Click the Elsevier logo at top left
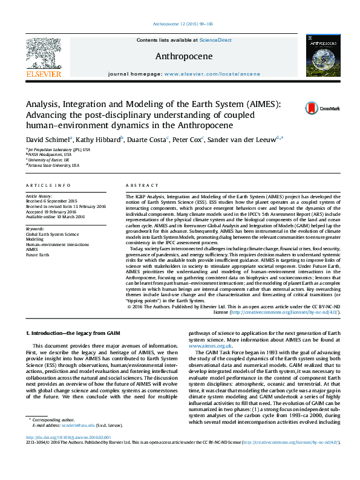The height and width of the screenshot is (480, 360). (43, 58)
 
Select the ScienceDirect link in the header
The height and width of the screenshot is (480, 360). (215, 39)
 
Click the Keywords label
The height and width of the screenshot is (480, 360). (35, 229)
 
